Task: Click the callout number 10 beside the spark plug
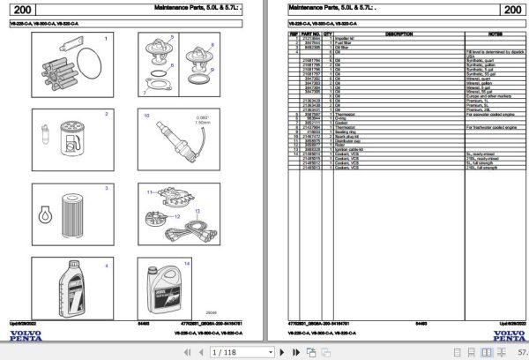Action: (x=146, y=115)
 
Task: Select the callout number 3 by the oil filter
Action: (x=107, y=188)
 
